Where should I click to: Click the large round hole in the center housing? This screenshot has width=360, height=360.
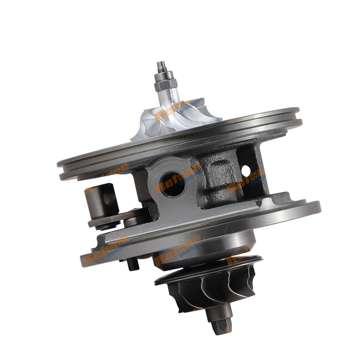click(172, 184)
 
